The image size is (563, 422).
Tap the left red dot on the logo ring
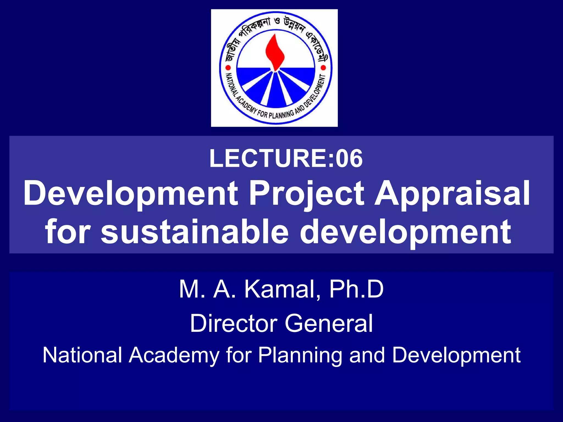[228, 68]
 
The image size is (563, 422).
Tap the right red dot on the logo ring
[323, 67]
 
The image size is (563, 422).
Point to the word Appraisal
[452, 194]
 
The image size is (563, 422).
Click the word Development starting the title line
[131, 194]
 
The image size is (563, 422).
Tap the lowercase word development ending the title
[405, 232]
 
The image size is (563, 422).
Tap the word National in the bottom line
[82, 355]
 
